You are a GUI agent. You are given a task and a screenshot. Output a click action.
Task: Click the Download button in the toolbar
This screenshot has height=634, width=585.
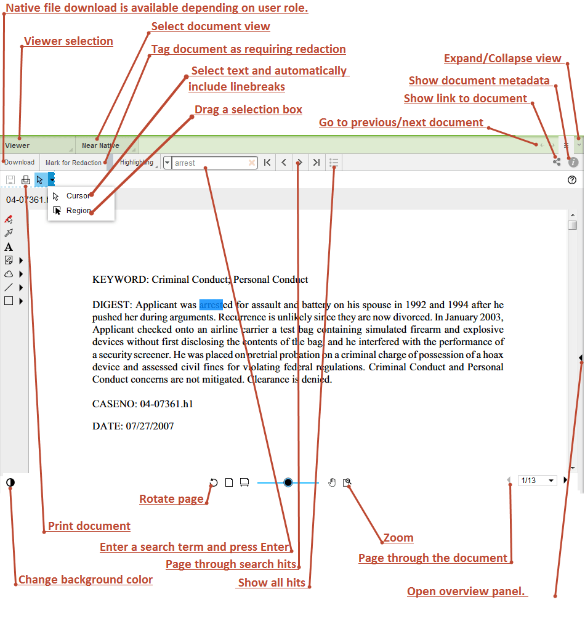pos(20,163)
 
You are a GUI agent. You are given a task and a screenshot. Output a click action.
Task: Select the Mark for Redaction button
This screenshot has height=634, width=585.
pos(73,163)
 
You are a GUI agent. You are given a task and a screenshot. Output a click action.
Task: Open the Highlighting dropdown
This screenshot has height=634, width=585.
pos(137,163)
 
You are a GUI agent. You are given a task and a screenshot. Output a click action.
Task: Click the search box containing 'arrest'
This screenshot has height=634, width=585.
pos(209,163)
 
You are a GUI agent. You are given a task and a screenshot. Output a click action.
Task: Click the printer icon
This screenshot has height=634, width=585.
pos(26,180)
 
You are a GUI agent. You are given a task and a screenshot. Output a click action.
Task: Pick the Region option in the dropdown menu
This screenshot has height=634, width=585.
pos(78,211)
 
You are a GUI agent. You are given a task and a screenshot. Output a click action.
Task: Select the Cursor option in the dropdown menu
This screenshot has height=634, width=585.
pos(78,196)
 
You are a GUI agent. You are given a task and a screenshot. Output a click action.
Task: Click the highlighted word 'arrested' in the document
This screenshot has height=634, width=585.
pos(211,304)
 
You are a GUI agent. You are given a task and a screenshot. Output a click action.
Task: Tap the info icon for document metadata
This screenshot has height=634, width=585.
pos(573,162)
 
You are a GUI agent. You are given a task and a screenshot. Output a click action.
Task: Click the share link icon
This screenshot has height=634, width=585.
pos(557,161)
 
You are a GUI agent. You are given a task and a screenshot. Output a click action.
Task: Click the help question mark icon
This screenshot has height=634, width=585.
pos(572,180)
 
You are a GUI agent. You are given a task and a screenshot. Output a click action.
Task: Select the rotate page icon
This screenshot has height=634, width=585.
pos(214,482)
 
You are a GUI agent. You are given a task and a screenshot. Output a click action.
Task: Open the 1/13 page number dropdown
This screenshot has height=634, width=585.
pos(538,481)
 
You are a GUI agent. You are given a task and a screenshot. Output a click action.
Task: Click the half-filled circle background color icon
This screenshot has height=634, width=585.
pos(10,482)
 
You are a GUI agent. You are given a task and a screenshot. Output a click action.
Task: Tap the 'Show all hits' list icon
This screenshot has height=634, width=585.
pos(334,163)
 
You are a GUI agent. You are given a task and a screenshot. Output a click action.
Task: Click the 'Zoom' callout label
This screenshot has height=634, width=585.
pos(398,538)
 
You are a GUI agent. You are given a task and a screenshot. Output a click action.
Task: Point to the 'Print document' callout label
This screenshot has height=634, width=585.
pos(89,526)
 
